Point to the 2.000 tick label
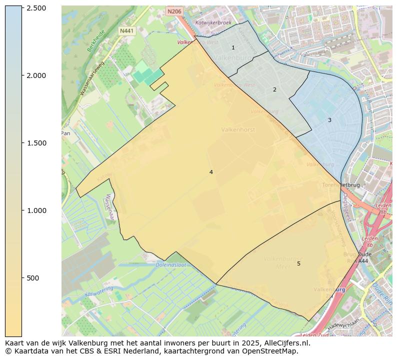pos(36,75)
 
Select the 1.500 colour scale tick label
pos(36,143)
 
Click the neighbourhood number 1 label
pos(233,47)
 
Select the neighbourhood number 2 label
pos(274,90)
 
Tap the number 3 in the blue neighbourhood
pos(329,120)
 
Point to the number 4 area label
pos(211,172)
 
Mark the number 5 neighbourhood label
pos(298,263)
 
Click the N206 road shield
pos(173,11)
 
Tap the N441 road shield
pos(127,31)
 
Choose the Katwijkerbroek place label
pos(213,23)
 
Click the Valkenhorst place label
pos(238,129)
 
